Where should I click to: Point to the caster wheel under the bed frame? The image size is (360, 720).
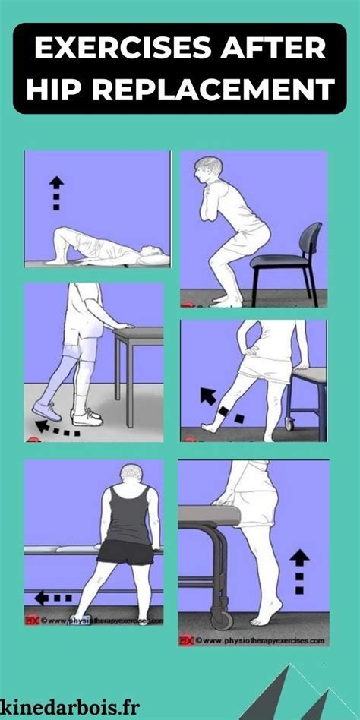(223, 619)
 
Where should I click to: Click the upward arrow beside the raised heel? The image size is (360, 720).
(300, 570)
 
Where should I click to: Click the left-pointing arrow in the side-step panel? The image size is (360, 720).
(49, 598)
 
